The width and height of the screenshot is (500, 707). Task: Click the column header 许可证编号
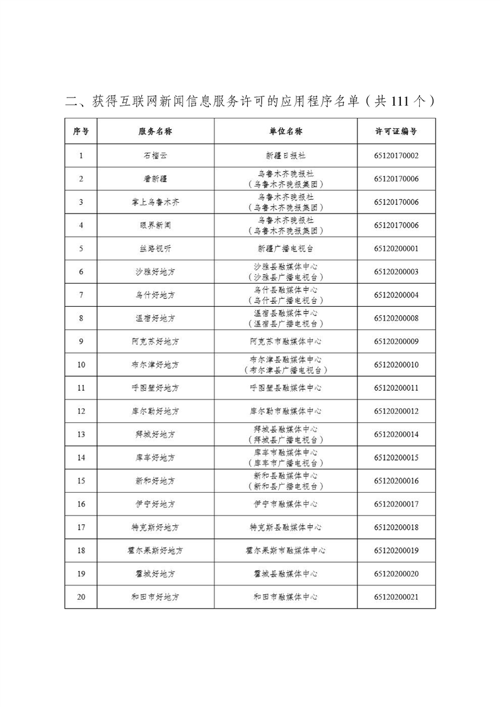(x=396, y=132)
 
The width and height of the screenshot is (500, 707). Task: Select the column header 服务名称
(x=155, y=132)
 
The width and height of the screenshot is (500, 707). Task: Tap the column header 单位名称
(x=285, y=132)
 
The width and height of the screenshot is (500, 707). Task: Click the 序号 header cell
(x=81, y=132)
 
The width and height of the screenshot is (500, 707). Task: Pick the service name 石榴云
(x=155, y=155)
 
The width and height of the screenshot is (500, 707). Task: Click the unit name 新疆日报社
(x=285, y=155)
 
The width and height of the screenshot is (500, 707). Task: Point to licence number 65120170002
(x=396, y=155)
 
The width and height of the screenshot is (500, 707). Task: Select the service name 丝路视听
(x=155, y=248)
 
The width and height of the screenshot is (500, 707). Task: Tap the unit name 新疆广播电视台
(x=285, y=248)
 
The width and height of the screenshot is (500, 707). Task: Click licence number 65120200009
(x=396, y=342)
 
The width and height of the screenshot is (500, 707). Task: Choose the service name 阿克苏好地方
(x=155, y=342)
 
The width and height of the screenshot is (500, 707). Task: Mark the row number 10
(x=81, y=365)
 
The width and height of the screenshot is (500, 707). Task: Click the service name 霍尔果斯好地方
(x=155, y=551)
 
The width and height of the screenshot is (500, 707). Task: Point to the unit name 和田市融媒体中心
(x=285, y=597)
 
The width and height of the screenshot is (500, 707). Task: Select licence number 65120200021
(x=396, y=597)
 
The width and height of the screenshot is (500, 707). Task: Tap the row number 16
(x=81, y=504)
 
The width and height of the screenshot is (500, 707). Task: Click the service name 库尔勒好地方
(x=155, y=411)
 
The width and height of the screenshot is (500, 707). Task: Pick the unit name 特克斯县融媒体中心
(x=285, y=527)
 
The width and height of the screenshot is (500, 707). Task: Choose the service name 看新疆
(x=155, y=178)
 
